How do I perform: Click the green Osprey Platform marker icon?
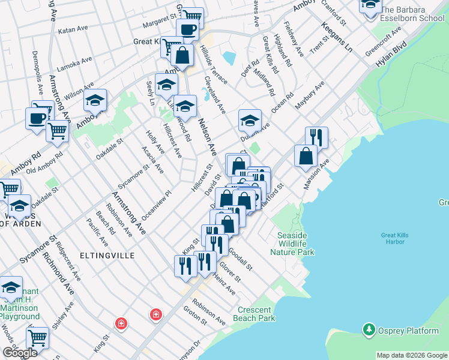369,329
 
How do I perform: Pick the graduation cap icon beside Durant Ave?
250,121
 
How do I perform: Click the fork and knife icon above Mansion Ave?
316,137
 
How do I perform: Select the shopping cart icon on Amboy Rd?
57,130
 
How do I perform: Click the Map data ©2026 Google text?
411,355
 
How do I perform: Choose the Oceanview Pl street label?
157,206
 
